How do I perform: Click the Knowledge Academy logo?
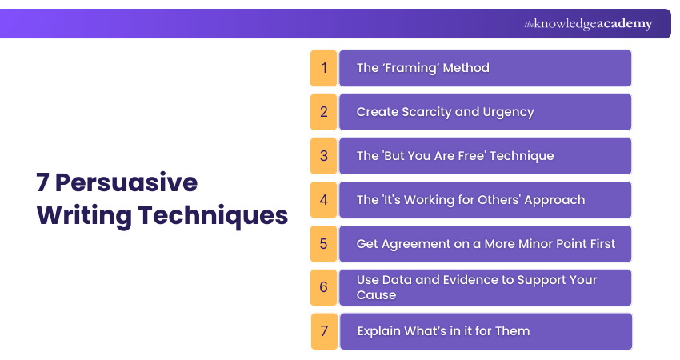(x=588, y=24)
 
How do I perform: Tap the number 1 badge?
(x=324, y=68)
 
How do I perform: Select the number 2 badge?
(x=324, y=112)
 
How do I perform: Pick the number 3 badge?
(x=324, y=156)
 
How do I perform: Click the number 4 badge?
(x=324, y=200)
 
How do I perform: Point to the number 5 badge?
(x=324, y=244)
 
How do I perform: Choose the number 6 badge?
(x=324, y=287)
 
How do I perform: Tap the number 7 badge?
(x=324, y=331)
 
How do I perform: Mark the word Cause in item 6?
(x=376, y=295)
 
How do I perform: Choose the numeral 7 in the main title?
(x=42, y=183)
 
